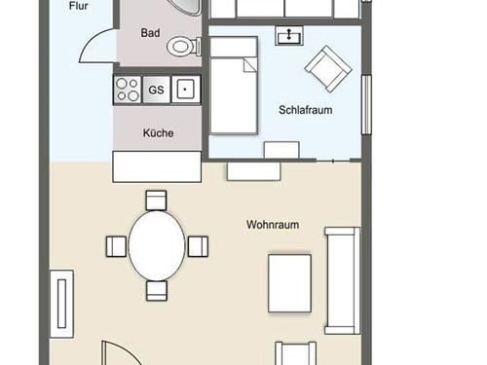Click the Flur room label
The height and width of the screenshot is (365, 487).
click(x=78, y=6)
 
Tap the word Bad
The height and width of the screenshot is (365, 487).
click(x=150, y=33)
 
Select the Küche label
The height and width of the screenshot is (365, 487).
click(x=158, y=133)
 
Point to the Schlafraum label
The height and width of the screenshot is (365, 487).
click(x=306, y=110)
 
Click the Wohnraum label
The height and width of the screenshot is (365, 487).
click(x=273, y=225)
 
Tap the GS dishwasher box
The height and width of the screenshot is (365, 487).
click(x=156, y=90)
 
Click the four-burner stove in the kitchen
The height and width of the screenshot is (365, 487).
click(x=128, y=90)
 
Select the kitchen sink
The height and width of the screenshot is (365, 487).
click(x=186, y=90)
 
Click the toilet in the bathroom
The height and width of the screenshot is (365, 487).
click(x=184, y=46)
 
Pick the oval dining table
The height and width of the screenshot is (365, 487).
click(x=157, y=245)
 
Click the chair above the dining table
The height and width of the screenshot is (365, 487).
click(x=156, y=201)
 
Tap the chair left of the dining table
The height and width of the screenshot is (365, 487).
click(x=116, y=246)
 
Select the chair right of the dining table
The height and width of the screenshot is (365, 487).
click(x=198, y=246)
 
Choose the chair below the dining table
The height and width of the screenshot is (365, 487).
click(x=157, y=291)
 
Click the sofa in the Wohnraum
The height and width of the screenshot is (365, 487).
click(x=343, y=280)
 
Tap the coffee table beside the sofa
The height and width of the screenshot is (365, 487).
click(x=289, y=283)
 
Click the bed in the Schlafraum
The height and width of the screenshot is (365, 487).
click(x=234, y=86)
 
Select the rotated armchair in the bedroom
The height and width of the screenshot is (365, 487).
click(x=328, y=69)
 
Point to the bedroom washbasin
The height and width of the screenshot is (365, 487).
click(x=289, y=35)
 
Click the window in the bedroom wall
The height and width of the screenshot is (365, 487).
click(x=366, y=104)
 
